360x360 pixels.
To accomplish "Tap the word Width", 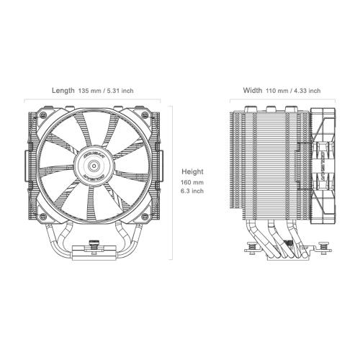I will coord(253,91).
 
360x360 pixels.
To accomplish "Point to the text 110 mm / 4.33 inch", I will coord(293,91).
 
